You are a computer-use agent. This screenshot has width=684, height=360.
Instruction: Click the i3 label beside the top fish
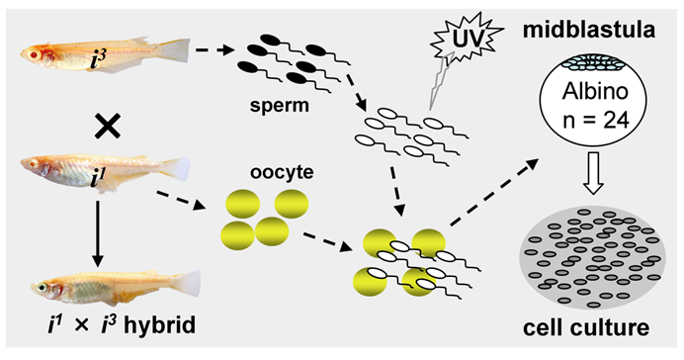click(x=100, y=60)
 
